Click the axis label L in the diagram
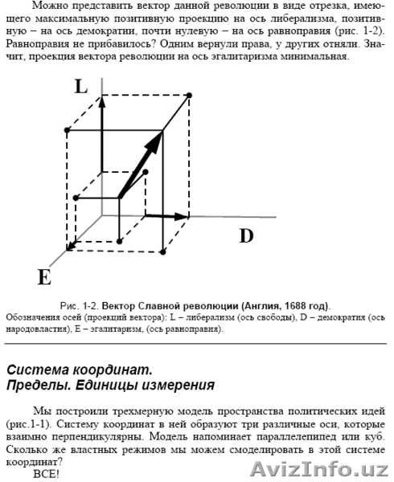coord(81,87)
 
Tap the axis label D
coord(246,235)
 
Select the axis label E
coord(44,277)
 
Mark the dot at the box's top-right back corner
coord(189,96)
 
